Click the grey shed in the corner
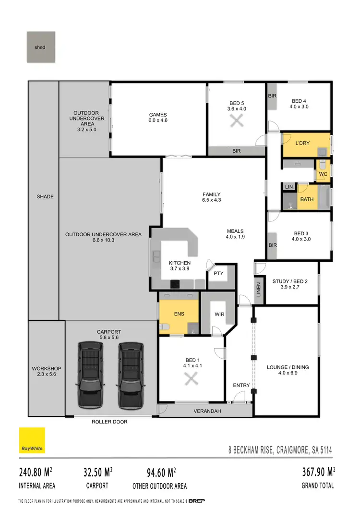[41, 47]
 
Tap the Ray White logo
[32, 440]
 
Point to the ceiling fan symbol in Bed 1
[192, 379]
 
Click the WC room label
[323, 174]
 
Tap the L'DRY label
[301, 144]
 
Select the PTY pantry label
[218, 273]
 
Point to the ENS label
[178, 314]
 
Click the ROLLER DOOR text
[110, 422]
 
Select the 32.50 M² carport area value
[96, 471]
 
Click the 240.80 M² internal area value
[36, 471]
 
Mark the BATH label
[306, 199]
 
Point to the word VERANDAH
[206, 412]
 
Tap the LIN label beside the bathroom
[289, 186]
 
